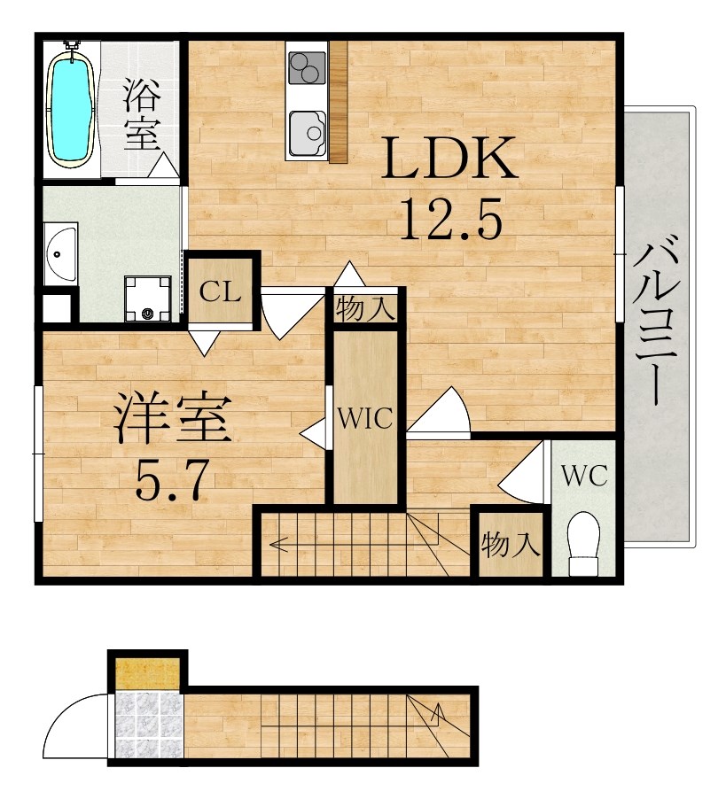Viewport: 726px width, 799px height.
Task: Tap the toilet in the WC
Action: tap(584, 542)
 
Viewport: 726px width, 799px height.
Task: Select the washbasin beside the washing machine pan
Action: tap(59, 253)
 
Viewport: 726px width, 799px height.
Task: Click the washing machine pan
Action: tap(148, 299)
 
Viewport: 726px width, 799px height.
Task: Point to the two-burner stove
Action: tap(307, 68)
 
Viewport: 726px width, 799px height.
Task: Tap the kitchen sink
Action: tap(308, 133)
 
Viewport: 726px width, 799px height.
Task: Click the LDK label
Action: tap(449, 158)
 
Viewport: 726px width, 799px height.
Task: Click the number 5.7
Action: tap(172, 479)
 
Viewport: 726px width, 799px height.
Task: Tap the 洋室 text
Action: tap(173, 418)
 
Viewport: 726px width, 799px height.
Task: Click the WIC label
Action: tap(365, 418)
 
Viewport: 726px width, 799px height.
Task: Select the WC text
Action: tap(584, 476)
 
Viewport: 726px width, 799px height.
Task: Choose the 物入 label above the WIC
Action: tap(365, 309)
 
